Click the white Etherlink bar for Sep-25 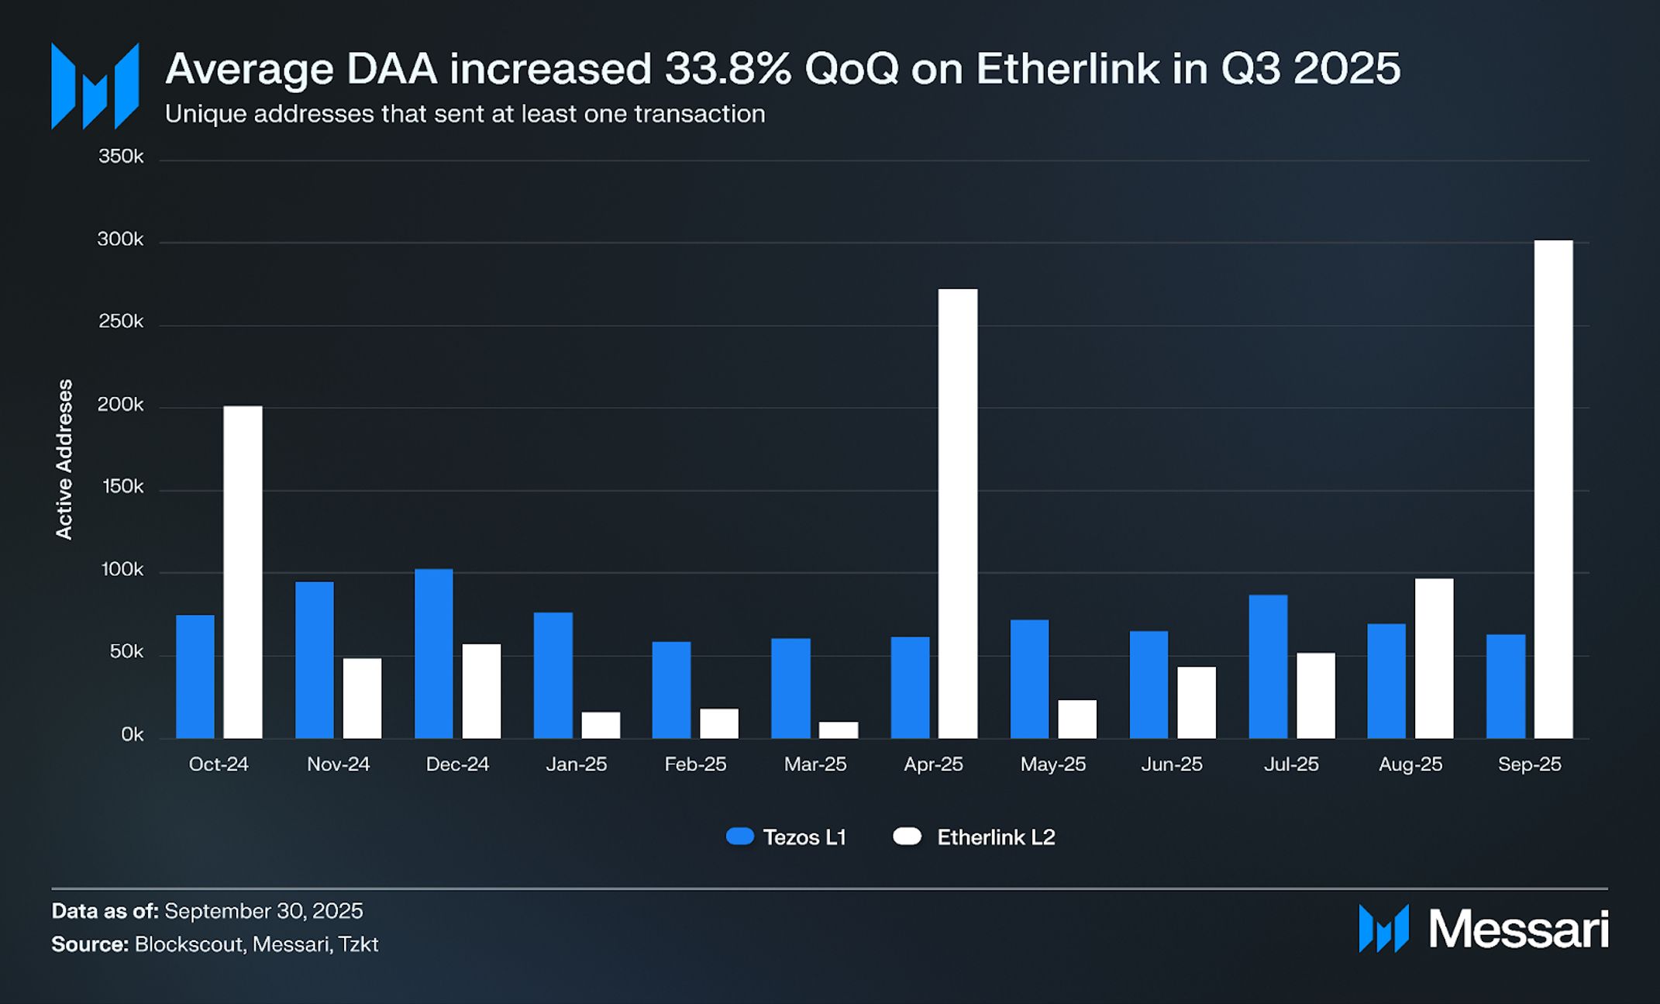[1553, 489]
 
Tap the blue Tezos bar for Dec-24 [434, 654]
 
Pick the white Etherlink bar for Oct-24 [243, 572]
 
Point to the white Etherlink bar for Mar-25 [839, 730]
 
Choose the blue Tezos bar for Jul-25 [1268, 666]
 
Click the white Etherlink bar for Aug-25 [1434, 658]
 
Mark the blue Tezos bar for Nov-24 [315, 660]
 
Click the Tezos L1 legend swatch [740, 837]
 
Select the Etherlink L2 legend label [996, 837]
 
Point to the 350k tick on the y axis [121, 157]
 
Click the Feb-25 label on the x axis [695, 764]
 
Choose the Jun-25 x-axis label [1172, 764]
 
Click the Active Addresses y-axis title [64, 459]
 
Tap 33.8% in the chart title [728, 68]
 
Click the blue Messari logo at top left [95, 86]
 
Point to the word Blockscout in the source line [189, 944]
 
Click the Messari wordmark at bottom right [1518, 929]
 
